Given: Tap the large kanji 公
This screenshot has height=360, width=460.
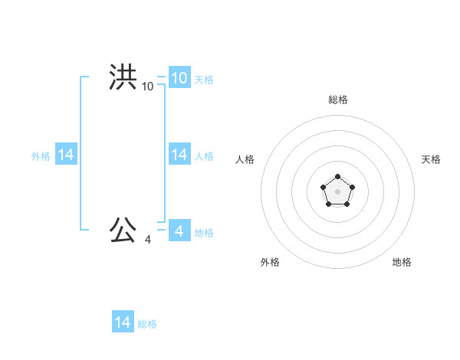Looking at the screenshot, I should pyautogui.click(x=123, y=230).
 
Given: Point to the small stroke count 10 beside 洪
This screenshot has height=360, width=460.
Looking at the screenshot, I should pyautogui.click(x=147, y=87).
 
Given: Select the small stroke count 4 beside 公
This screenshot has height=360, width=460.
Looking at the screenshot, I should pyautogui.click(x=147, y=240).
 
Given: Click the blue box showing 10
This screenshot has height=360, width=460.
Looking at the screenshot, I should pyautogui.click(x=179, y=77).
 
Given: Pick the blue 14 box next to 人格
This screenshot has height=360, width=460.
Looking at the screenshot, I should pyautogui.click(x=179, y=155).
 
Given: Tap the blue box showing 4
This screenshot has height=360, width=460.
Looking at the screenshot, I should pyautogui.click(x=179, y=231).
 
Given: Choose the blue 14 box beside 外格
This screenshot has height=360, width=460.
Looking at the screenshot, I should pyautogui.click(x=66, y=155).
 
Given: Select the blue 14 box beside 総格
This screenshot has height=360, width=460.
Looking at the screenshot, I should pyautogui.click(x=123, y=322).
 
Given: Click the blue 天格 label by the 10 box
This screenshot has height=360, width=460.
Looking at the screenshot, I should pyautogui.click(x=204, y=80).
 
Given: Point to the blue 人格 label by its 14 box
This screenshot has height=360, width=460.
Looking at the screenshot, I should pyautogui.click(x=204, y=156).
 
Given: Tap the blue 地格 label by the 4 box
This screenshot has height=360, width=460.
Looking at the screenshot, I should pyautogui.click(x=204, y=233).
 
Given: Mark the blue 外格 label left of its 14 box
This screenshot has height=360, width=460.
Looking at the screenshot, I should pyautogui.click(x=41, y=156).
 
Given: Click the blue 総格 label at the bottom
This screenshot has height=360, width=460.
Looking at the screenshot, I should pyautogui.click(x=147, y=324).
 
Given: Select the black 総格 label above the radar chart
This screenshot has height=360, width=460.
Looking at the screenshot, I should pyautogui.click(x=337, y=100).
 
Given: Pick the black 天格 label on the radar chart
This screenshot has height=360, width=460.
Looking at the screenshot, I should pyautogui.click(x=431, y=159).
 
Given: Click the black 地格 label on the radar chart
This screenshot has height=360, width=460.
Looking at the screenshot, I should pyautogui.click(x=402, y=262).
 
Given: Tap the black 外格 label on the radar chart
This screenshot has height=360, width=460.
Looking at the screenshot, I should pyautogui.click(x=270, y=262).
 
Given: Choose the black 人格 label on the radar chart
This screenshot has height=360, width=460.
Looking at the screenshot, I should pyautogui.click(x=245, y=159).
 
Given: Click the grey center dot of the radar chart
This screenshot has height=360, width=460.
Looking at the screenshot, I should pyautogui.click(x=337, y=191).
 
